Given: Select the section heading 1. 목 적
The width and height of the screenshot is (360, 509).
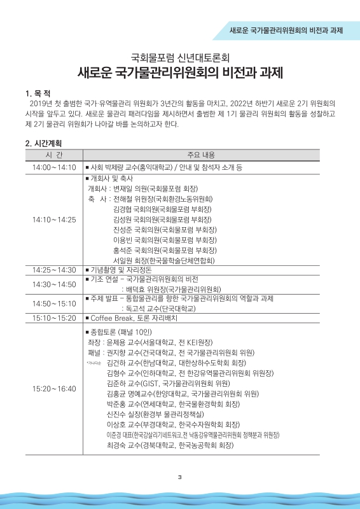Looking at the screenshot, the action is click(x=38, y=94).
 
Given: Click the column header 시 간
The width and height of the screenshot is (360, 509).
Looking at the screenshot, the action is click(x=54, y=155).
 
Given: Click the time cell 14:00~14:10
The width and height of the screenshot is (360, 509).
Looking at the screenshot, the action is click(x=54, y=167).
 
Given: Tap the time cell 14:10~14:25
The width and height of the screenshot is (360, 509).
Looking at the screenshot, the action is click(x=54, y=220).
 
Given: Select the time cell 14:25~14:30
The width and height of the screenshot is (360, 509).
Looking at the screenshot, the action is click(x=54, y=270).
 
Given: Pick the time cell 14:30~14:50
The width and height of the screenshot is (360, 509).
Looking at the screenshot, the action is click(x=54, y=284).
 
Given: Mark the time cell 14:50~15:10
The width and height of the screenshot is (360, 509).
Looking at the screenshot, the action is click(x=54, y=303).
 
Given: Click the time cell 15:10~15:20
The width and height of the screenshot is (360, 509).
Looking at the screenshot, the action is click(x=54, y=317).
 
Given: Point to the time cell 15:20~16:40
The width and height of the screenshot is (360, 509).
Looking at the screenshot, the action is click(x=54, y=389).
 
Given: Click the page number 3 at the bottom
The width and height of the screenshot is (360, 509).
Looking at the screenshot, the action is click(x=180, y=477).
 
